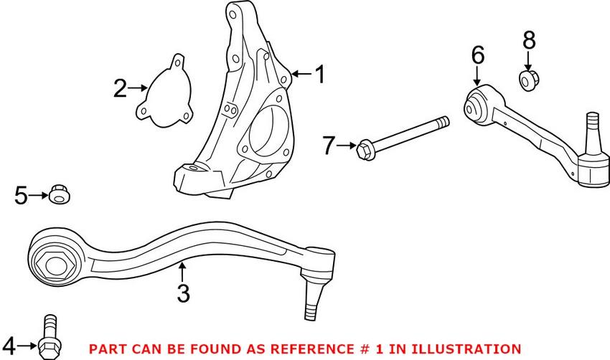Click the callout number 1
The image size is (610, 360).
[319, 74]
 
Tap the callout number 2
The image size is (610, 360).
[119, 89]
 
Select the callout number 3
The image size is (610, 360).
[183, 293]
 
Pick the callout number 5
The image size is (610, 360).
[21, 194]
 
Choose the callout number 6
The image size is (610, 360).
[478, 55]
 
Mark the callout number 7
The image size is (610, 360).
[329, 147]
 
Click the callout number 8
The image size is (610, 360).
[529, 41]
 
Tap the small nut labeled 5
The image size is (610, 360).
[59, 194]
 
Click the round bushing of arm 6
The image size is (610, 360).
[474, 108]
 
